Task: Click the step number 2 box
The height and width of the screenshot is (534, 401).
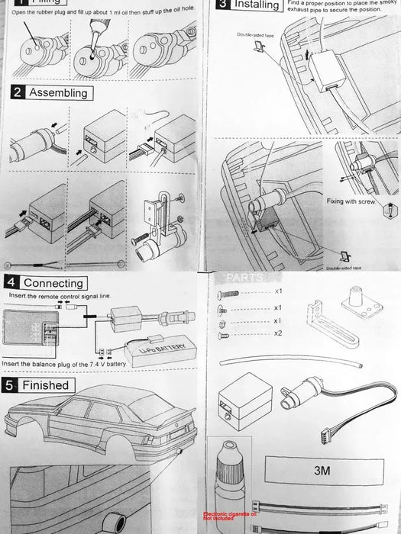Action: click(17, 93)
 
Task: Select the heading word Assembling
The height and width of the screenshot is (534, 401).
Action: click(58, 93)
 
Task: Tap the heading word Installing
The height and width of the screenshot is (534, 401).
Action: click(257, 5)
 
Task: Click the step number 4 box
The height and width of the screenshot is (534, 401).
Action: click(11, 282)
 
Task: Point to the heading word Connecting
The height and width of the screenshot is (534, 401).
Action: click(53, 282)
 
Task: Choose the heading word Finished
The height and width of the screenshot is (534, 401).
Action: click(45, 385)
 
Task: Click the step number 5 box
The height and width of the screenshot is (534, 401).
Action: click(11, 385)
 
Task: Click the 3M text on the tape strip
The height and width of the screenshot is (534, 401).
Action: click(322, 471)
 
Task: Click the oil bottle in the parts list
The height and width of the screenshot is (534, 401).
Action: click(229, 477)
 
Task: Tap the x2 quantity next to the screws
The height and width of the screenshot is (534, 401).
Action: click(278, 334)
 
